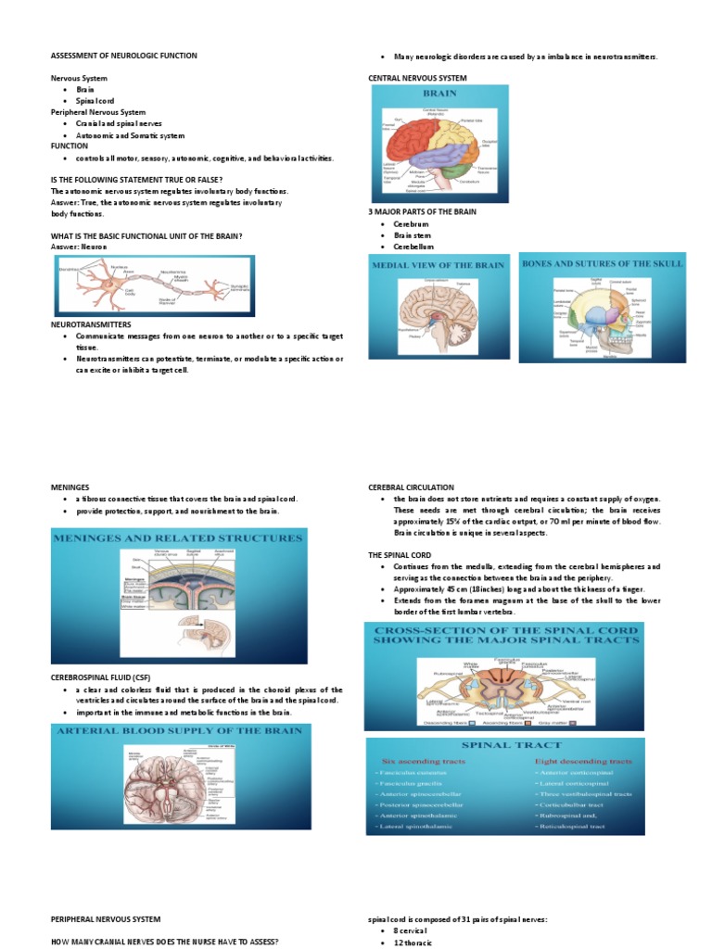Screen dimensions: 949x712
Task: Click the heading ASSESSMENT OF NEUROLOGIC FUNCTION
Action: [x=123, y=56]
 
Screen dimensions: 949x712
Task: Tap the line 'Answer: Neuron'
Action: [x=79, y=247]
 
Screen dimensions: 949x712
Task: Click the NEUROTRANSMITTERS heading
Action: [x=91, y=325]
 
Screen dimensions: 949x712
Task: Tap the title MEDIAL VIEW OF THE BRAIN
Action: [x=439, y=265]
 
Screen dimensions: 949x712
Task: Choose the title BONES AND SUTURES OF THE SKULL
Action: [x=603, y=264]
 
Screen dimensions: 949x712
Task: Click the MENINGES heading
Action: [x=70, y=487]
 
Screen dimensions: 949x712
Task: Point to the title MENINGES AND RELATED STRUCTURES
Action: [x=179, y=538]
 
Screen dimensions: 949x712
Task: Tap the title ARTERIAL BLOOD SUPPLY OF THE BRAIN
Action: [x=180, y=731]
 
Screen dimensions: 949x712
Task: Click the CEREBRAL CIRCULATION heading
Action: [x=411, y=487]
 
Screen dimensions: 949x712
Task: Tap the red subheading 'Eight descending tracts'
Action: [x=584, y=761]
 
